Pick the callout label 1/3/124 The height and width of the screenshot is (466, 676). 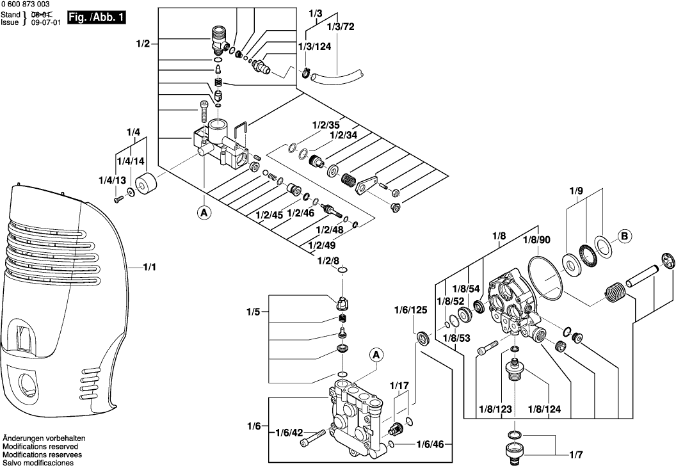tap(314, 47)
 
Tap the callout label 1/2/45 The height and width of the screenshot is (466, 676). tap(269, 214)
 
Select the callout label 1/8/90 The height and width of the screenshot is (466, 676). tap(536, 239)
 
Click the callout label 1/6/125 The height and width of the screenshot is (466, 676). tap(410, 310)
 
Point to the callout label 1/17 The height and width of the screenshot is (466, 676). tap(399, 386)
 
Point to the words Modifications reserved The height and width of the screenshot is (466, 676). tap(40, 446)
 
